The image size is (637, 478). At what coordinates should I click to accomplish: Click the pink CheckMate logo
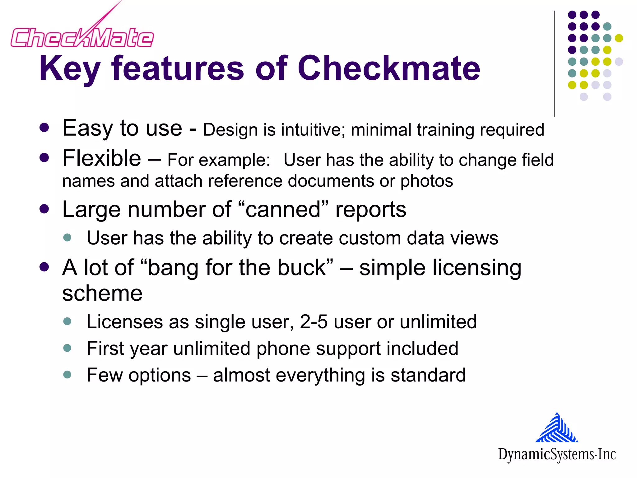click(x=82, y=37)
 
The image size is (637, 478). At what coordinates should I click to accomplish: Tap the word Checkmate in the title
click(x=389, y=68)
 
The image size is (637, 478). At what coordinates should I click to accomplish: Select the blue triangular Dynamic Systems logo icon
click(x=557, y=428)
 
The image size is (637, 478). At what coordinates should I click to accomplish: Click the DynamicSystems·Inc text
click(x=557, y=454)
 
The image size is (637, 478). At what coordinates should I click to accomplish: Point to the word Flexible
click(x=102, y=158)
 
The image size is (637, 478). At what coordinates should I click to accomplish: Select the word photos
click(x=426, y=181)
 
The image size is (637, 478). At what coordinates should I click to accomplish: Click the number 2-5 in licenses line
click(x=314, y=322)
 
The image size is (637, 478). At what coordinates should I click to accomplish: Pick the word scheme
click(x=102, y=293)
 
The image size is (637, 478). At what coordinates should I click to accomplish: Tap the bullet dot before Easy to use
click(x=44, y=128)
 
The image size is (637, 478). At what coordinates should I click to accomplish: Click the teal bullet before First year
click(x=67, y=348)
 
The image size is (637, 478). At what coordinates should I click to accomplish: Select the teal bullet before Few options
click(x=67, y=374)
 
